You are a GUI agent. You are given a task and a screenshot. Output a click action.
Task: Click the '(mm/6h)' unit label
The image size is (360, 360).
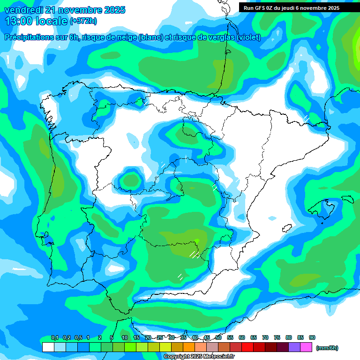pos(327,348)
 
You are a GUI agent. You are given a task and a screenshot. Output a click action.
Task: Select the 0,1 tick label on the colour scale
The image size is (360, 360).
pos(55,338)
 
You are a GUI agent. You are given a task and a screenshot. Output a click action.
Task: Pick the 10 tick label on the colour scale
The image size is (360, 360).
pos(125,338)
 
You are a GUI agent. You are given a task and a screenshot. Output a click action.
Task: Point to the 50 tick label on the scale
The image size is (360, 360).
pos(218,338)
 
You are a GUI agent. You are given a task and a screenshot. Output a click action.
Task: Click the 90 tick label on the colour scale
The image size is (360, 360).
pos(312,338)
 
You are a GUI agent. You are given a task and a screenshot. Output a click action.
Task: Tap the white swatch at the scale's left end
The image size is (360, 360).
pos(48,347)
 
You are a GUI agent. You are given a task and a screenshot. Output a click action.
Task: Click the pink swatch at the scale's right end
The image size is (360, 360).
pos(306,347)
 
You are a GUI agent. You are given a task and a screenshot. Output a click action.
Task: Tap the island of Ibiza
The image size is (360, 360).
pos(285,228)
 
